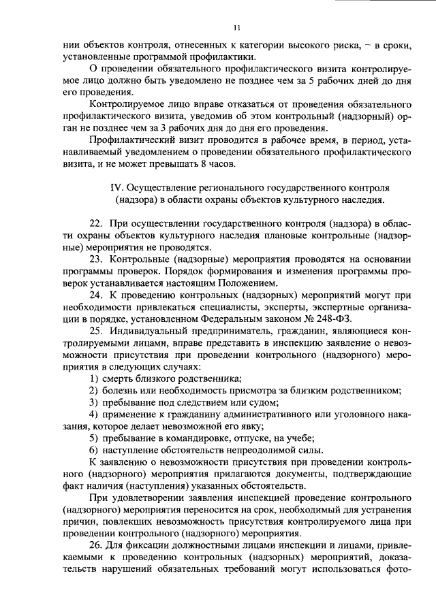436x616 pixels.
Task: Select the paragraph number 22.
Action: (97, 223)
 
